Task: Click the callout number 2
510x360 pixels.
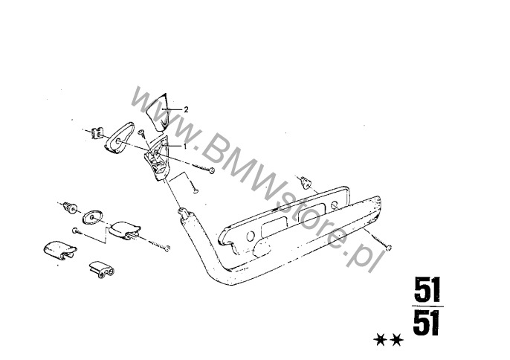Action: click(x=186, y=109)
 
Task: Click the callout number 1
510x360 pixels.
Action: click(x=185, y=147)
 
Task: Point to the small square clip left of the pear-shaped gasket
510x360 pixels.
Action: click(x=97, y=133)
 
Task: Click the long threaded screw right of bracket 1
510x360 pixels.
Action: click(x=203, y=167)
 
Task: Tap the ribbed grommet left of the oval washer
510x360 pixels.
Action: click(x=70, y=208)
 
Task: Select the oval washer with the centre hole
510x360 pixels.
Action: click(x=92, y=216)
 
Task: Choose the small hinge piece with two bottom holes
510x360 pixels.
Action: click(x=102, y=269)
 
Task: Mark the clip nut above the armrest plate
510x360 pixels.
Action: click(x=305, y=183)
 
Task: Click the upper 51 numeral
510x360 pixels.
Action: click(x=427, y=289)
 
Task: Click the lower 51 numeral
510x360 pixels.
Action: click(x=427, y=323)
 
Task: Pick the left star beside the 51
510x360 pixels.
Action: click(x=380, y=340)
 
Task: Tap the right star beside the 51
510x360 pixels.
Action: click(x=397, y=340)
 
